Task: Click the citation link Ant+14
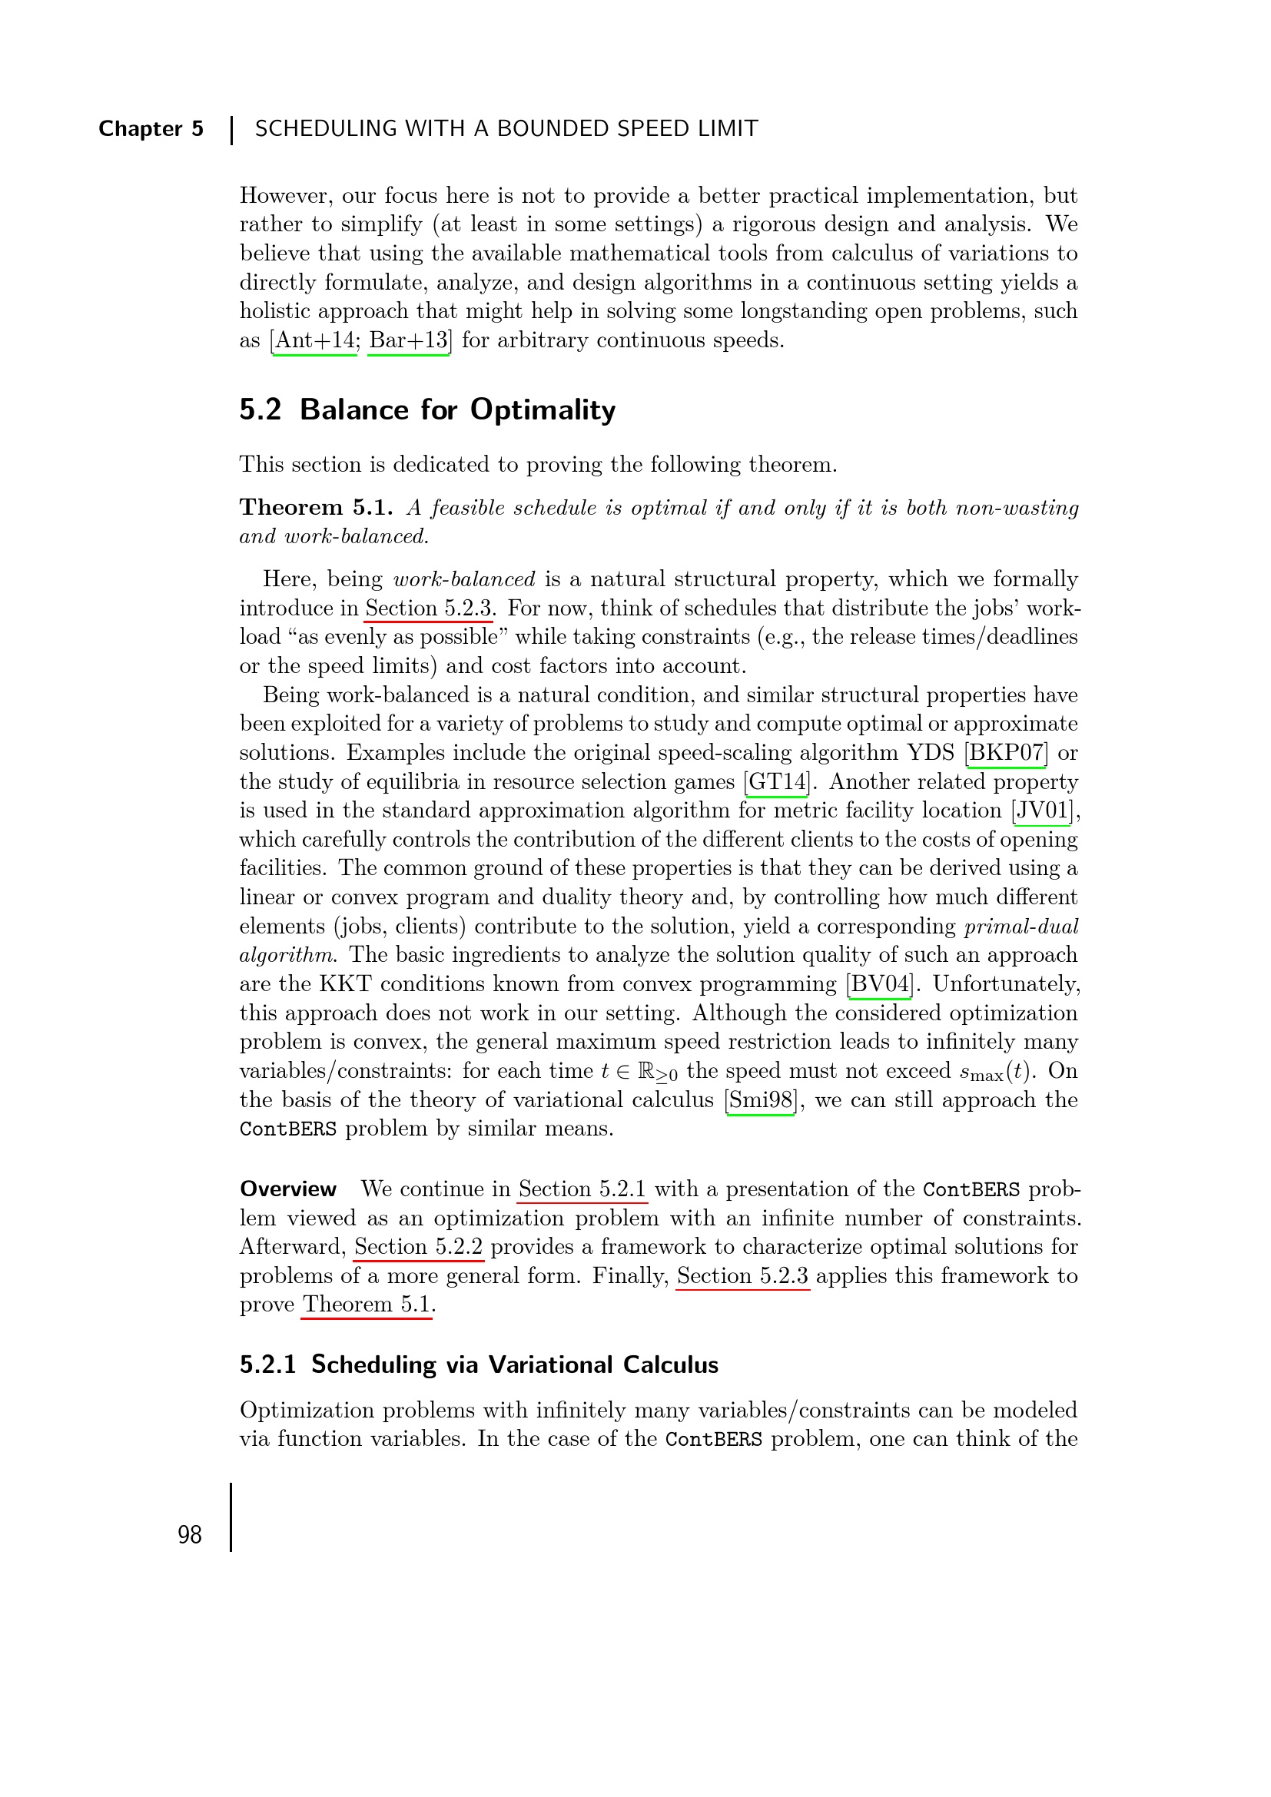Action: [x=314, y=340]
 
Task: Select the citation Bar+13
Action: [x=409, y=340]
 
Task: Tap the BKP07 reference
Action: [x=1007, y=753]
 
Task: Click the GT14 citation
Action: [x=777, y=782]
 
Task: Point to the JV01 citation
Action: [x=1042, y=811]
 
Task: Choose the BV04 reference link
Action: [x=881, y=984]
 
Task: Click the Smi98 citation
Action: [x=761, y=1100]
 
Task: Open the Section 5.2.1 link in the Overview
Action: [x=582, y=1189]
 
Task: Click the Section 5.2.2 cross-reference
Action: [x=418, y=1247]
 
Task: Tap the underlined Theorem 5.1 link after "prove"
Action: [x=367, y=1305]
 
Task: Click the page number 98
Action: [x=189, y=1535]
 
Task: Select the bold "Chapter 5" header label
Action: [x=151, y=128]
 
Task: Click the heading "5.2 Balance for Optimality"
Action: [x=427, y=410]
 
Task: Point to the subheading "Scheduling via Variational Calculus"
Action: [x=514, y=1365]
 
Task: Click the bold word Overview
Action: [x=288, y=1189]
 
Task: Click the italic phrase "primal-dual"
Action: [x=1021, y=927]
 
